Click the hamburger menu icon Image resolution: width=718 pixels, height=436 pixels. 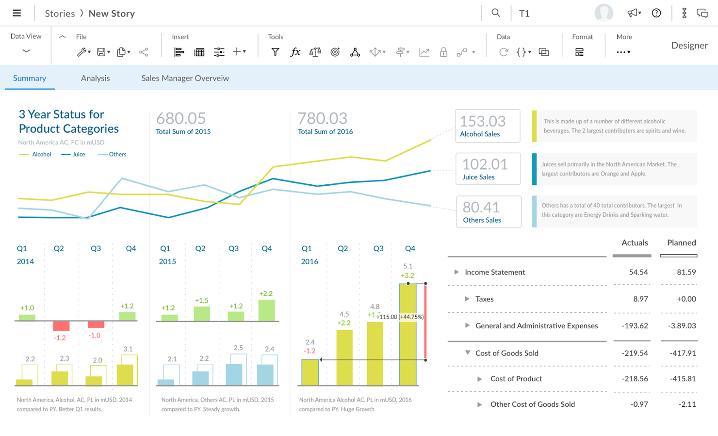pos(16,13)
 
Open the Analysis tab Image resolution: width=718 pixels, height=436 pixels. pos(95,78)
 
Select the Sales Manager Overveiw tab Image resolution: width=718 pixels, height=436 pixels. pos(185,78)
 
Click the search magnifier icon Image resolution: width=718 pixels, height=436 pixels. pos(495,13)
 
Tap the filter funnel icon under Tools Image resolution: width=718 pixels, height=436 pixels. pos(275,52)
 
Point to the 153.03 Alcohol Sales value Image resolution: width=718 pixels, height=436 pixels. pos(483,121)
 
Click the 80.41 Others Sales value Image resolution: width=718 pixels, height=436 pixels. pos(481,208)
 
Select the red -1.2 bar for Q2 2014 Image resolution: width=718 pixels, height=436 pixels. pos(61,325)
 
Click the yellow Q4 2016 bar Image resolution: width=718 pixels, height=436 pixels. pos(408,335)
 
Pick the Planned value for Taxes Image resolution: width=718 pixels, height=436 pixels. pos(686,299)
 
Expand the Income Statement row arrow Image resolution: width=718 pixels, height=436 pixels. pos(456,272)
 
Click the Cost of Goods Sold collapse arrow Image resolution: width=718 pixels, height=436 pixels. pos(467,353)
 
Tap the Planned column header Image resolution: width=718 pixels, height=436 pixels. pos(681,242)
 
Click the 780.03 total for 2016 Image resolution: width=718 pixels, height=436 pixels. pos(322,118)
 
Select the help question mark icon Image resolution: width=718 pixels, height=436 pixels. pos(656,13)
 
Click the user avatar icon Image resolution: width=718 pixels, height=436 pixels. pos(604,13)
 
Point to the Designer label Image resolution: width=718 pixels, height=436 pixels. pos(689,45)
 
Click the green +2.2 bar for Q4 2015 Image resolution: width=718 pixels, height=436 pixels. pos(266,310)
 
